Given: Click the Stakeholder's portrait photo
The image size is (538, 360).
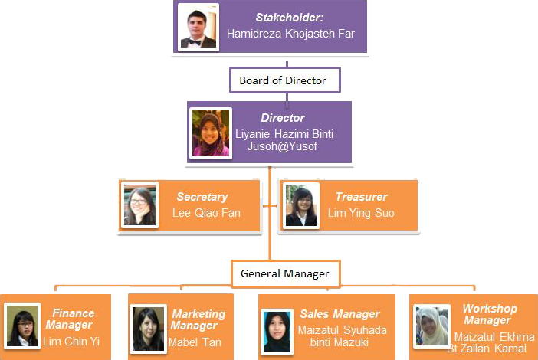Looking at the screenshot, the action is [x=198, y=28].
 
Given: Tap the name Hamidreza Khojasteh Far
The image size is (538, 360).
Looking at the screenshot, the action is [x=290, y=34].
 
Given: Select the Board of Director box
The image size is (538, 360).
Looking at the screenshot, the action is [x=283, y=80].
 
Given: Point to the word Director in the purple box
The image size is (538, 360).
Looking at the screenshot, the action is [x=283, y=118].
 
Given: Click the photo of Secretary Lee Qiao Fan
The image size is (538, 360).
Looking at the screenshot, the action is [x=140, y=205].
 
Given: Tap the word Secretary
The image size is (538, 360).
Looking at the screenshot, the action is [x=202, y=197].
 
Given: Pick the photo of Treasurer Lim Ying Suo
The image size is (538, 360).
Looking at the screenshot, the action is [x=301, y=205].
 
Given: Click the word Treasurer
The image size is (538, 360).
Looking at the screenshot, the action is [x=361, y=197].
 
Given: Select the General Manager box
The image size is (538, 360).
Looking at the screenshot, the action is [x=284, y=273].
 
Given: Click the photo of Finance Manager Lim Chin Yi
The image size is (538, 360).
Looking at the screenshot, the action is [x=21, y=326].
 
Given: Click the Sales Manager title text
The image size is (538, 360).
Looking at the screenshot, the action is [x=340, y=314].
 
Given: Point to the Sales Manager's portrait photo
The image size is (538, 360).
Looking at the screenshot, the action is [x=276, y=332].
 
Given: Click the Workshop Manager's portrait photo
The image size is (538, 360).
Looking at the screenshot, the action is [x=431, y=326].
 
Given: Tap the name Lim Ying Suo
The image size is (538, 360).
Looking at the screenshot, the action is [x=361, y=213].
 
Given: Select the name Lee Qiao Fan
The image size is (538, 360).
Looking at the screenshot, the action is [x=205, y=213].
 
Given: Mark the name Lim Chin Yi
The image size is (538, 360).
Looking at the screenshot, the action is [x=71, y=341].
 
